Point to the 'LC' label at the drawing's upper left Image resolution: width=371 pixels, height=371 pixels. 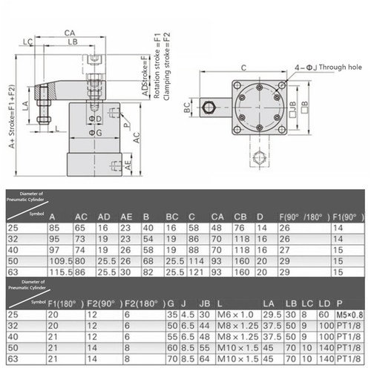tap(27, 42)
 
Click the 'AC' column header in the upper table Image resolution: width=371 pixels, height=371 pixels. tap(81, 216)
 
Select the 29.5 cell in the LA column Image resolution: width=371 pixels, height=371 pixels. tap(272, 313)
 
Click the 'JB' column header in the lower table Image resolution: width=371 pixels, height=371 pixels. tap(204, 302)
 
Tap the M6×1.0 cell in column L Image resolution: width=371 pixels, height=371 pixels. tap(237, 313)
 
